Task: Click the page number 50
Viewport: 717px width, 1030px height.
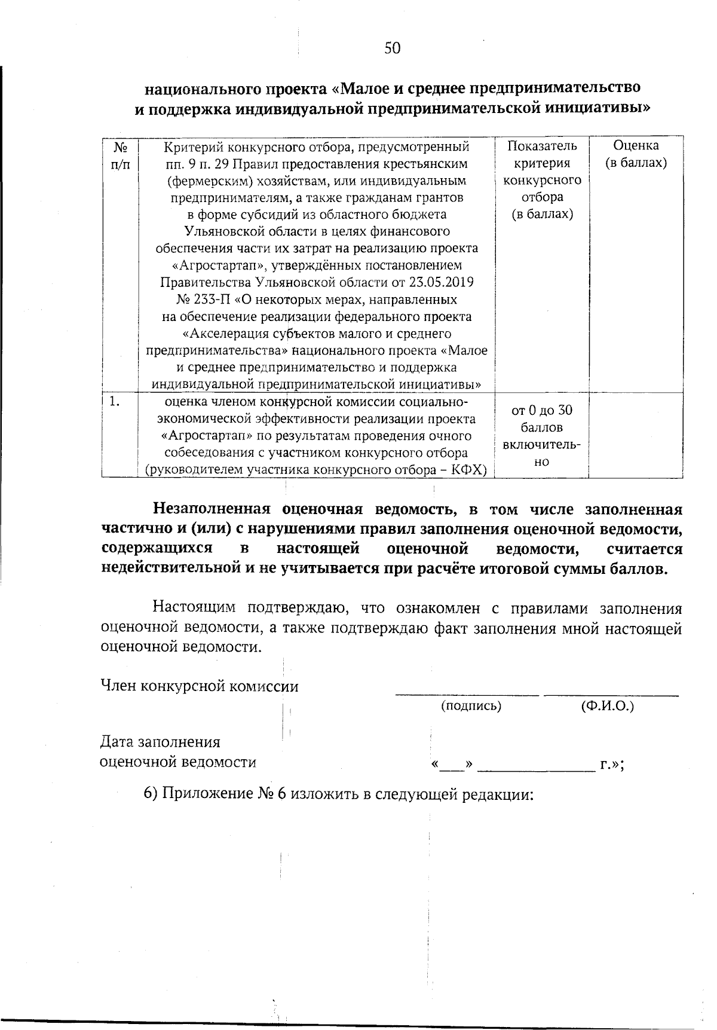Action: coord(393,48)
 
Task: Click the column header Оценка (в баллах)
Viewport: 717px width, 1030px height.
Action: coord(636,154)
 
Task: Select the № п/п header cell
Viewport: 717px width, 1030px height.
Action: coord(120,154)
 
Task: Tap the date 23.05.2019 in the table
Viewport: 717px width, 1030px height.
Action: coord(442,282)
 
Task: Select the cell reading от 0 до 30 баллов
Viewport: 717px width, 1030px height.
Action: coord(542,418)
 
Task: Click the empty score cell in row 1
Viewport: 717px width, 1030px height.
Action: coord(636,435)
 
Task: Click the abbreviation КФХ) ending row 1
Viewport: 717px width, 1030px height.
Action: coord(470,470)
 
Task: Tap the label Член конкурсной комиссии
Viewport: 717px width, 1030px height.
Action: coord(200,686)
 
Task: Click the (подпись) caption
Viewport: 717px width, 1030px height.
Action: coord(471,706)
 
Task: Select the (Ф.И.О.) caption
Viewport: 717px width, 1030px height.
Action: coord(607,706)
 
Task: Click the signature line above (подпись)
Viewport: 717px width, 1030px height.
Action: coord(467,694)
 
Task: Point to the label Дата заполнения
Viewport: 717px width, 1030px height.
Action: coord(160,742)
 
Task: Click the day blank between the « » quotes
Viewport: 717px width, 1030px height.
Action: coord(452,766)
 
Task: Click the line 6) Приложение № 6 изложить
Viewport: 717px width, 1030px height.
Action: coord(338,794)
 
